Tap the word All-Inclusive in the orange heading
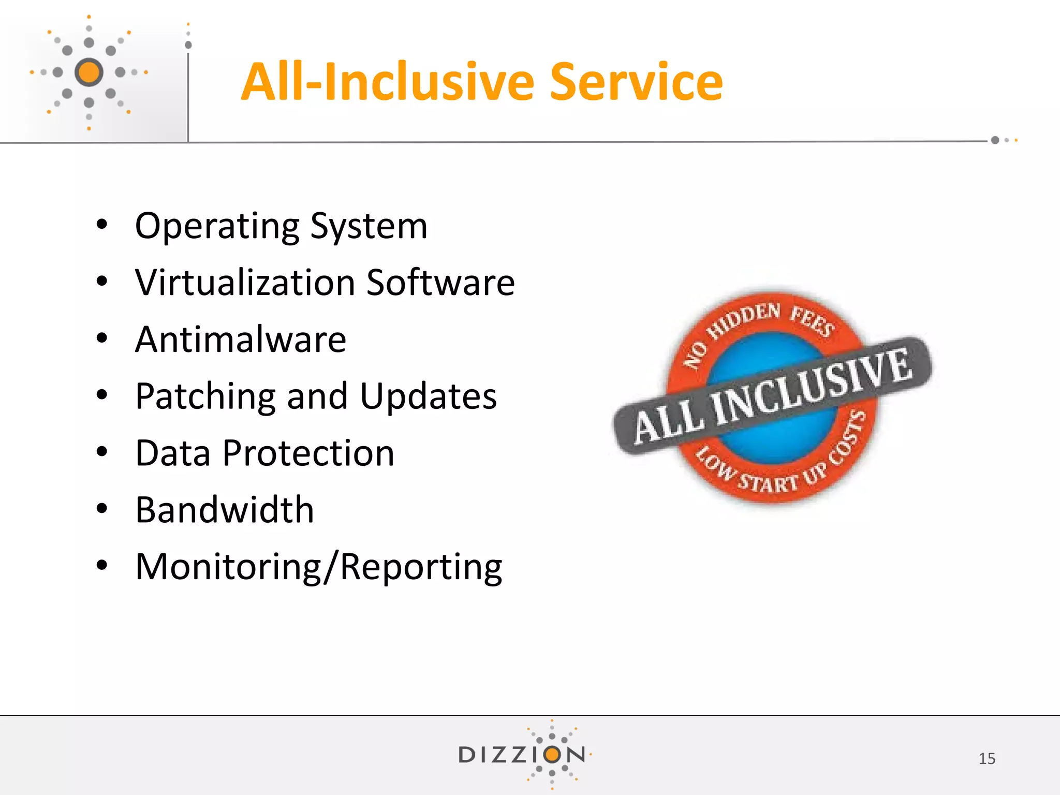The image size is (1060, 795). (388, 82)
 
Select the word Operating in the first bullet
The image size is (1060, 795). (217, 227)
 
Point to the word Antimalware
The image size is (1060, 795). (241, 340)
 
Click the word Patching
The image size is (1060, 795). (205, 397)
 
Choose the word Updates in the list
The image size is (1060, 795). (428, 397)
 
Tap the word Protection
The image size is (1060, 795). (308, 453)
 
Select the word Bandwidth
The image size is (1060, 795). (225, 510)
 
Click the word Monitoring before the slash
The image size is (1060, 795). (228, 568)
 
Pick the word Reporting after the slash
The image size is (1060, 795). (421, 568)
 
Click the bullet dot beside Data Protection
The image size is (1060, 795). (102, 452)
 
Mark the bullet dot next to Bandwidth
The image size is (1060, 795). (102, 509)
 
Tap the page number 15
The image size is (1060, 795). (987, 758)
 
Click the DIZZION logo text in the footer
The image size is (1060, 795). (521, 755)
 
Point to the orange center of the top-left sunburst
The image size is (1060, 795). (89, 72)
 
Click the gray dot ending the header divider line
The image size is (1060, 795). (995, 140)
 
